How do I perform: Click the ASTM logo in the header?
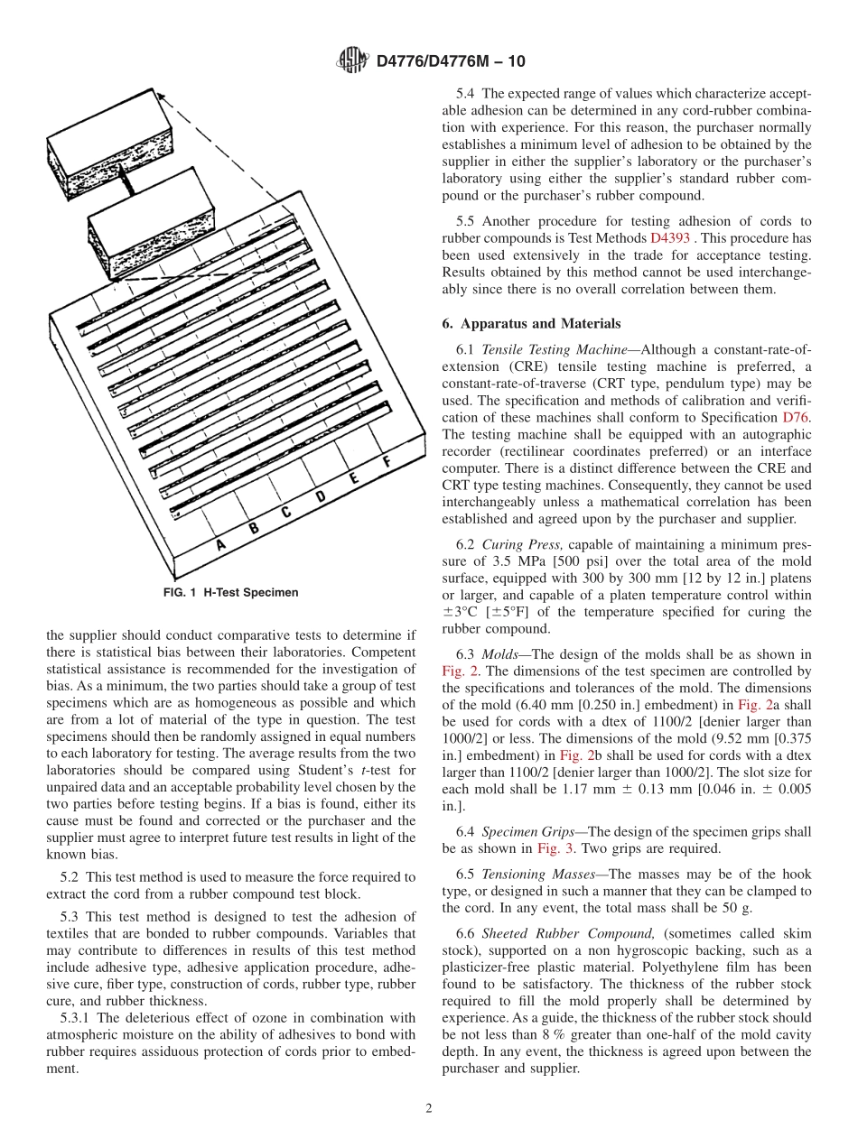click(352, 61)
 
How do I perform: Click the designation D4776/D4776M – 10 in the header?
click(451, 61)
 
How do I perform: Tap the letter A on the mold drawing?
click(219, 544)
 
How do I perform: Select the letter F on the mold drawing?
click(387, 462)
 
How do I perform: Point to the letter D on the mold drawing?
click(320, 496)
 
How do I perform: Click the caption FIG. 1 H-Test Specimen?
click(230, 593)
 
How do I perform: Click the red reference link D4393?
click(669, 238)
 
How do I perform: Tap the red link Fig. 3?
click(552, 848)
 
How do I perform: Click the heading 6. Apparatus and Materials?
click(531, 323)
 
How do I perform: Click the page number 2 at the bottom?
click(429, 1108)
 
